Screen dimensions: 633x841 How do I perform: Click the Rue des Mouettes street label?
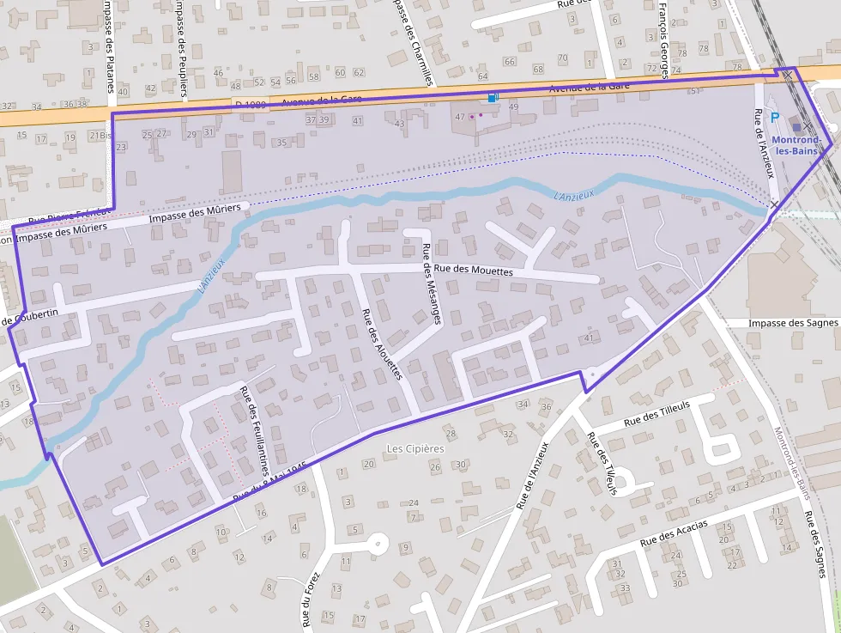coord(473,271)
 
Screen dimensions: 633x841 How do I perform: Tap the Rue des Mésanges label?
coord(431,284)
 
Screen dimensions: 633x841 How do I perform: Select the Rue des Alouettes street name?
coord(382,344)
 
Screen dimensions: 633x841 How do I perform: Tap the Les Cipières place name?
coord(415,448)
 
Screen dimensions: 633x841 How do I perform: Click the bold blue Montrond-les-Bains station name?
coord(796,145)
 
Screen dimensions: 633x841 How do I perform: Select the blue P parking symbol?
coord(776,119)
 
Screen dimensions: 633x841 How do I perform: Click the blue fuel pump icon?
coord(492,98)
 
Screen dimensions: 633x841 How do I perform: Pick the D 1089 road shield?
coord(251,104)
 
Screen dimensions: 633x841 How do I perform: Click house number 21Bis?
coord(101,136)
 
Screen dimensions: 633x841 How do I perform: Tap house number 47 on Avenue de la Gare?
coord(460,117)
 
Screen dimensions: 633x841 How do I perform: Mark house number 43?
coord(399,124)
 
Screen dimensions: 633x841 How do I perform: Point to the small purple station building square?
coord(797,127)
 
